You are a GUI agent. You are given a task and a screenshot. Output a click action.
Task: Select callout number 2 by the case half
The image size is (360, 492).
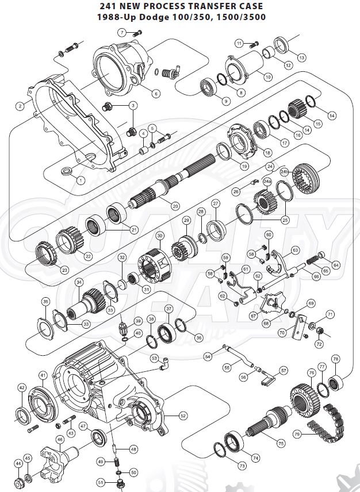pos(20,106)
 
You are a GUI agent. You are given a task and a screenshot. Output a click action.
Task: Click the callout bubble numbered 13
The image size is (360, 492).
pos(302,57)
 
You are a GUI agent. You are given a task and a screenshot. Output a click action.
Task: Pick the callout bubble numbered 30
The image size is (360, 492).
pos(160,235)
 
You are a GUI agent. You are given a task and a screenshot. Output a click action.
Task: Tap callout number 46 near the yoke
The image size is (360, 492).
pos(59,439)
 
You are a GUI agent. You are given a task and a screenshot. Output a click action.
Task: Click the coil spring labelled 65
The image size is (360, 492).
pos(311,261)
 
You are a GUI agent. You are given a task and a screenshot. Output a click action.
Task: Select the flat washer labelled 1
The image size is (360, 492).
pos(66,171)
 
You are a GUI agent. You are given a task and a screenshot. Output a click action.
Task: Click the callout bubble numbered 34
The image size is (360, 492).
pos(79,282)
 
